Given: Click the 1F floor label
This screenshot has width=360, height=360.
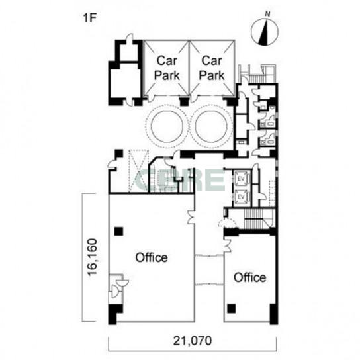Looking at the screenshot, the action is pos(89,18).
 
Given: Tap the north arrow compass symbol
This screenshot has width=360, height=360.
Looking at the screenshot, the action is pos(265,32).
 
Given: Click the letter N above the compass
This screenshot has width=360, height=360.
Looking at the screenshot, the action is pos(267,14).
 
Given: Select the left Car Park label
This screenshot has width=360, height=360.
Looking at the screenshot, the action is pos(167,68).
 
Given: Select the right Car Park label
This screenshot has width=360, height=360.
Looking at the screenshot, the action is pos(212,68).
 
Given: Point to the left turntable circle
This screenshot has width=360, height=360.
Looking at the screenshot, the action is pos(167,126).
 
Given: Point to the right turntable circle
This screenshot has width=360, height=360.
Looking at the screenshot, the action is pos(211,126).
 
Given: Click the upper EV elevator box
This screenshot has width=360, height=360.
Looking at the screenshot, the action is pos(241,179).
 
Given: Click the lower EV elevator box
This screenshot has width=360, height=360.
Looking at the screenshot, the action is pos(241,197).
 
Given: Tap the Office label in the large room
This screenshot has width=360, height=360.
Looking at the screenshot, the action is pos(152,257).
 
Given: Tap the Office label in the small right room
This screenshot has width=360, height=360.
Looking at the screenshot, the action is pos(250,277).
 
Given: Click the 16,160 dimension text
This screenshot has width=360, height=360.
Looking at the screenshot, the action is pos(92,257).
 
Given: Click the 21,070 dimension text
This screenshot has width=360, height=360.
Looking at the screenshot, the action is pos(193,341).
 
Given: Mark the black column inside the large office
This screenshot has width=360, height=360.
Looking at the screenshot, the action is pos(118,231).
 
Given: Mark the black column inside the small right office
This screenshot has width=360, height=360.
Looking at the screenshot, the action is pos(232,309).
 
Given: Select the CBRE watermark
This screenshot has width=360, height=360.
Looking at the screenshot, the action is pos(180,180).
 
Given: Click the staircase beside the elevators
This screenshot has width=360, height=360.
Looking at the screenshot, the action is pos(253,218).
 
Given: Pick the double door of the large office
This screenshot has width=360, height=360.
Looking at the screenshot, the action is pos(191,217).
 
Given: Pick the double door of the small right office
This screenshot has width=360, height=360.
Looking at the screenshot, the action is pos(228,246).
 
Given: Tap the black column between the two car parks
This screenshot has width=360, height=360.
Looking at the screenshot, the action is pos(184,101).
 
